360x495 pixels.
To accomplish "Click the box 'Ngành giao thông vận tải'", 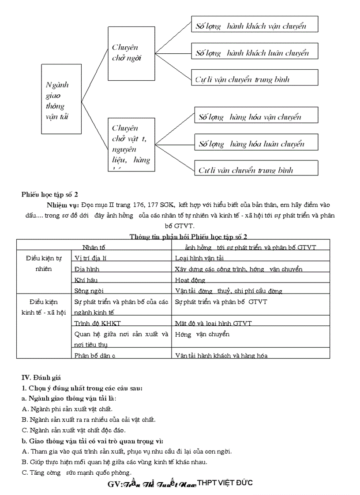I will [x=61, y=99].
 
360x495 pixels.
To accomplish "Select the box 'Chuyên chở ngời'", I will [x=131, y=53].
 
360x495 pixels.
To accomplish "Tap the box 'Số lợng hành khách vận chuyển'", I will [x=255, y=26].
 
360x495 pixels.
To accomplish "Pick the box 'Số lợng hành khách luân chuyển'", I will [x=255, y=53].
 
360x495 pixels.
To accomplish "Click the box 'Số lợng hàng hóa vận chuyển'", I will [x=256, y=117].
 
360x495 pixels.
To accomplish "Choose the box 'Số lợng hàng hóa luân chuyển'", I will [x=256, y=144].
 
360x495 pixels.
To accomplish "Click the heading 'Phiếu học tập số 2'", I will [x=50, y=194].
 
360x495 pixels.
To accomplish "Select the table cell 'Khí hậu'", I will [x=86, y=280].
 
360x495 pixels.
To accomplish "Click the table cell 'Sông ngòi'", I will [x=89, y=291].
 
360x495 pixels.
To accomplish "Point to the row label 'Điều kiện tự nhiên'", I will [x=43, y=264].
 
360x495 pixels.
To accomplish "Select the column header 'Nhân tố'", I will [x=94, y=247].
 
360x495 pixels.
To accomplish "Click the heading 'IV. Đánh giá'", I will [x=41, y=377].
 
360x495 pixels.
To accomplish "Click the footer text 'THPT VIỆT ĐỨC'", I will [x=225, y=483].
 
